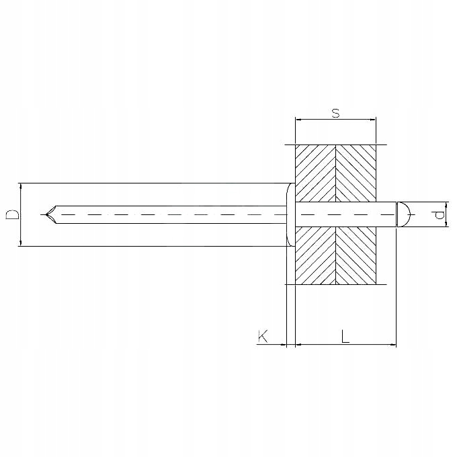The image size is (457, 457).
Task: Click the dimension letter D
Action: tap(12, 215)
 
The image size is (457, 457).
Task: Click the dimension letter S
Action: tap(335, 112)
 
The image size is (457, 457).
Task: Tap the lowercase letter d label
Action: tap(440, 214)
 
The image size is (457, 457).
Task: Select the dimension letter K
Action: tap(263, 335)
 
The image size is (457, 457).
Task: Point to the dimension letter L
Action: tap(345, 336)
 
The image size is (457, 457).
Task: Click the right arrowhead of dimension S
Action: tap(372, 120)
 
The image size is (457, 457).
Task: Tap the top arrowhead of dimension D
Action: tap(22, 186)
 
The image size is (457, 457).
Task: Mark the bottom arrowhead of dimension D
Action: tap(22, 243)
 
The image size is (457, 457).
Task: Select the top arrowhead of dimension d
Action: tap(446, 204)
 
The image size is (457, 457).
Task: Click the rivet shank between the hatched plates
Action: tap(336, 214)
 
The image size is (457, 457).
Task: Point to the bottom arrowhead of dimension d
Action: tap(446, 225)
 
